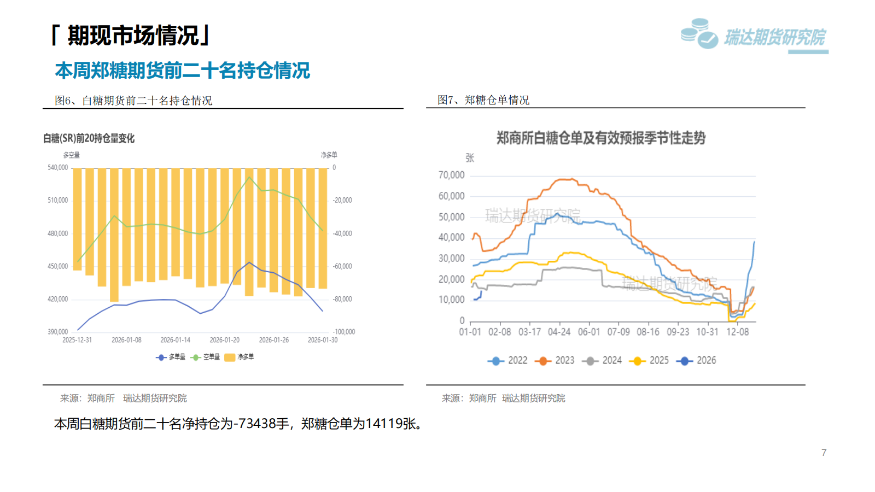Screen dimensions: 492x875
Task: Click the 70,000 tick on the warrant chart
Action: [451, 175]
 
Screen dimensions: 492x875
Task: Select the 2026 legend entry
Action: [697, 361]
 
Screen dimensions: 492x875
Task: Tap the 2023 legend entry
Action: [557, 361]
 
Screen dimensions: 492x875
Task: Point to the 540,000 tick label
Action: [57, 168]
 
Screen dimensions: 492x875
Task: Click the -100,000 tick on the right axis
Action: [343, 332]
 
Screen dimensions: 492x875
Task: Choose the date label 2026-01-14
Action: [176, 340]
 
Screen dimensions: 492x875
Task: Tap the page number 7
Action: [824, 453]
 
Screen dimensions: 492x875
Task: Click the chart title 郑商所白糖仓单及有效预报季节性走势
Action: [600, 138]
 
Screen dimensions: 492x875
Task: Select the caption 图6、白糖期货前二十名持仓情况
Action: [133, 101]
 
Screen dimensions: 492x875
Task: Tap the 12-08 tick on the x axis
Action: [737, 332]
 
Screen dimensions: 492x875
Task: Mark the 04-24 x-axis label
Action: [559, 332]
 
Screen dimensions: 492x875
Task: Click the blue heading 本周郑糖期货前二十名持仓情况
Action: [182, 71]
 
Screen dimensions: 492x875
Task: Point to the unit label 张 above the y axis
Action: [470, 158]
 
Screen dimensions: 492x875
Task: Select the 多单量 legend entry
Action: [171, 357]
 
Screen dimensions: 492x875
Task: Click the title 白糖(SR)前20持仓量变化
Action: [89, 139]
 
